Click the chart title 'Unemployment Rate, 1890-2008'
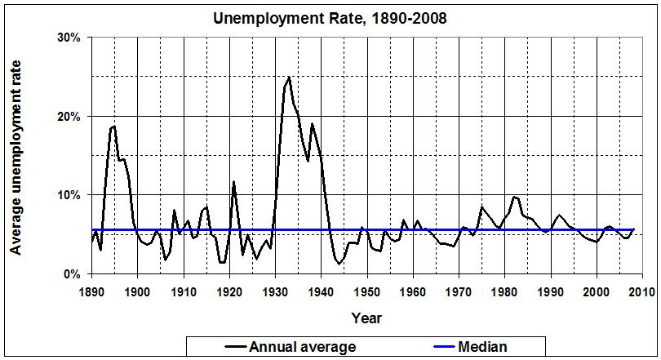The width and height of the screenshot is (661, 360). (x=330, y=17)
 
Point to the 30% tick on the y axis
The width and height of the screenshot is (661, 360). (x=69, y=38)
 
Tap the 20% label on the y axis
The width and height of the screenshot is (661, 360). (x=69, y=116)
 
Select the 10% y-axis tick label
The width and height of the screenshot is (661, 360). (x=69, y=195)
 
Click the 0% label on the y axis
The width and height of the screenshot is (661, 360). (x=72, y=273)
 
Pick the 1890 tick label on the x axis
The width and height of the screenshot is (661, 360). (x=91, y=291)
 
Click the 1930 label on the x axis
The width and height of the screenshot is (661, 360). (x=275, y=291)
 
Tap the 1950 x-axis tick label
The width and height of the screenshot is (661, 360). (x=367, y=291)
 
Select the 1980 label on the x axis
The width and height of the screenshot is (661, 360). (x=505, y=291)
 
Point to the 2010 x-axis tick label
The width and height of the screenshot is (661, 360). (x=643, y=291)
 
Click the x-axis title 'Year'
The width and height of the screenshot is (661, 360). (x=366, y=318)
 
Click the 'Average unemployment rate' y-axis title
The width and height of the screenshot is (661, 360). (x=16, y=157)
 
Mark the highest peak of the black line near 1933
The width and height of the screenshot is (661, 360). (x=289, y=78)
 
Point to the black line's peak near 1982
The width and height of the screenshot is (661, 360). (x=514, y=196)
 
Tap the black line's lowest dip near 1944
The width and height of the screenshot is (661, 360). (x=339, y=264)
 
